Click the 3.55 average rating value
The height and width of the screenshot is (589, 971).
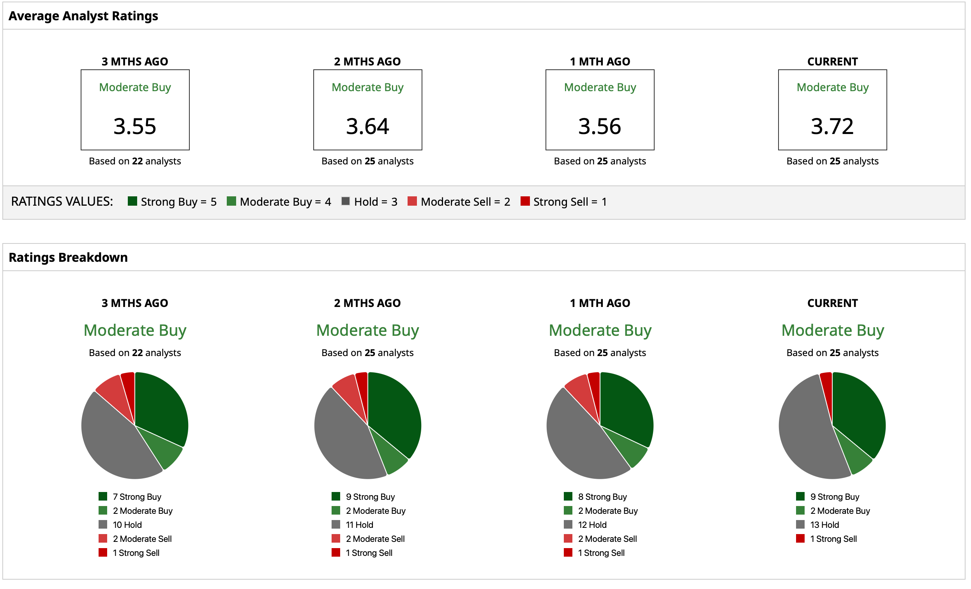(x=135, y=127)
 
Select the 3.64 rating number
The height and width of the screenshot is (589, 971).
(x=367, y=127)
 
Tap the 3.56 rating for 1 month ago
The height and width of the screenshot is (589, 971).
(x=599, y=127)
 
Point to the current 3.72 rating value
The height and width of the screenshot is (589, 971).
(x=832, y=127)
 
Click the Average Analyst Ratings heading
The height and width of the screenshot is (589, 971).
(x=83, y=16)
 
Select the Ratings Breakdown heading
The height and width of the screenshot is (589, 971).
(x=68, y=257)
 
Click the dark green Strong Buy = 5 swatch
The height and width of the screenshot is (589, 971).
(x=132, y=201)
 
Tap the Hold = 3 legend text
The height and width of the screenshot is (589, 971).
(x=376, y=202)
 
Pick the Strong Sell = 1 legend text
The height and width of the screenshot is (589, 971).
(x=570, y=202)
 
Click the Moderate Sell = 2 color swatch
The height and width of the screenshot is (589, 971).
(x=412, y=201)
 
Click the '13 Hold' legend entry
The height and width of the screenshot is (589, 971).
(x=824, y=525)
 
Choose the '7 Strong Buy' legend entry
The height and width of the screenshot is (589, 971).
(x=137, y=497)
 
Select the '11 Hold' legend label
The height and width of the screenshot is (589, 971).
(x=359, y=525)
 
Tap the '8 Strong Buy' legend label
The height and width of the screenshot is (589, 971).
(x=602, y=497)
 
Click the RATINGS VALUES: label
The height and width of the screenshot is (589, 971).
(x=62, y=202)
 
